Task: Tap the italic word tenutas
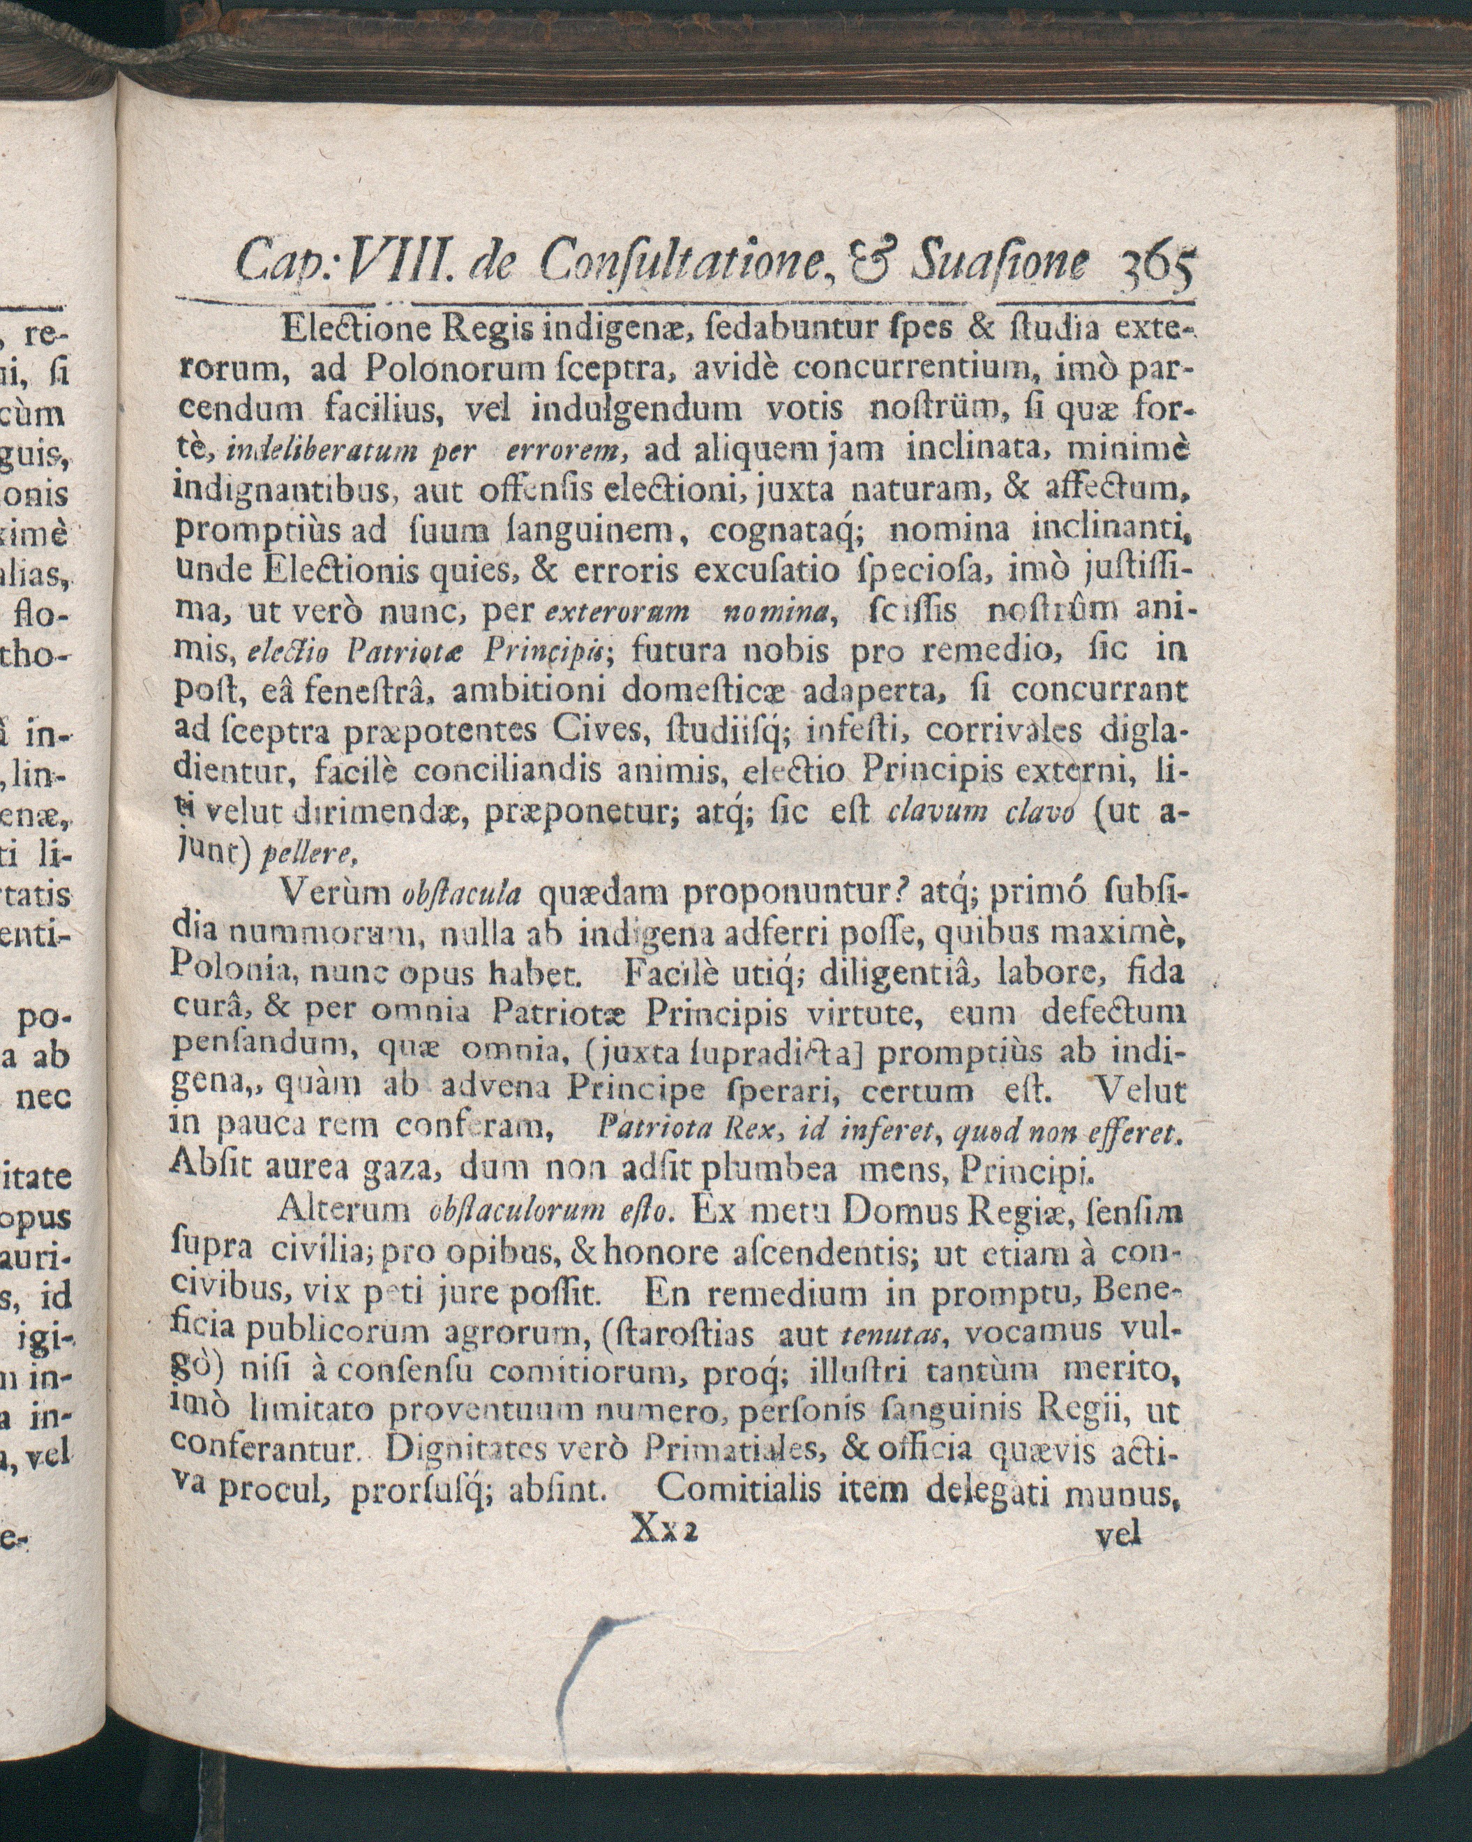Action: coord(885,1333)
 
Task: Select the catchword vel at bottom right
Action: coord(1118,1535)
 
